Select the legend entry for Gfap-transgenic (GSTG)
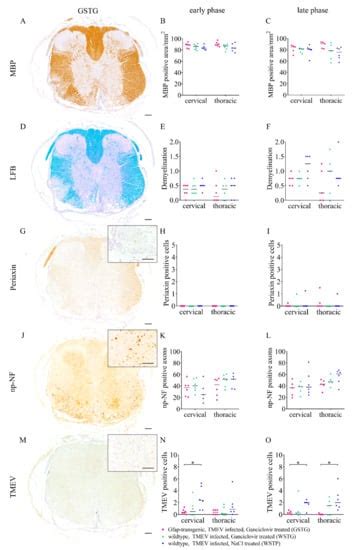coord(258,526)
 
